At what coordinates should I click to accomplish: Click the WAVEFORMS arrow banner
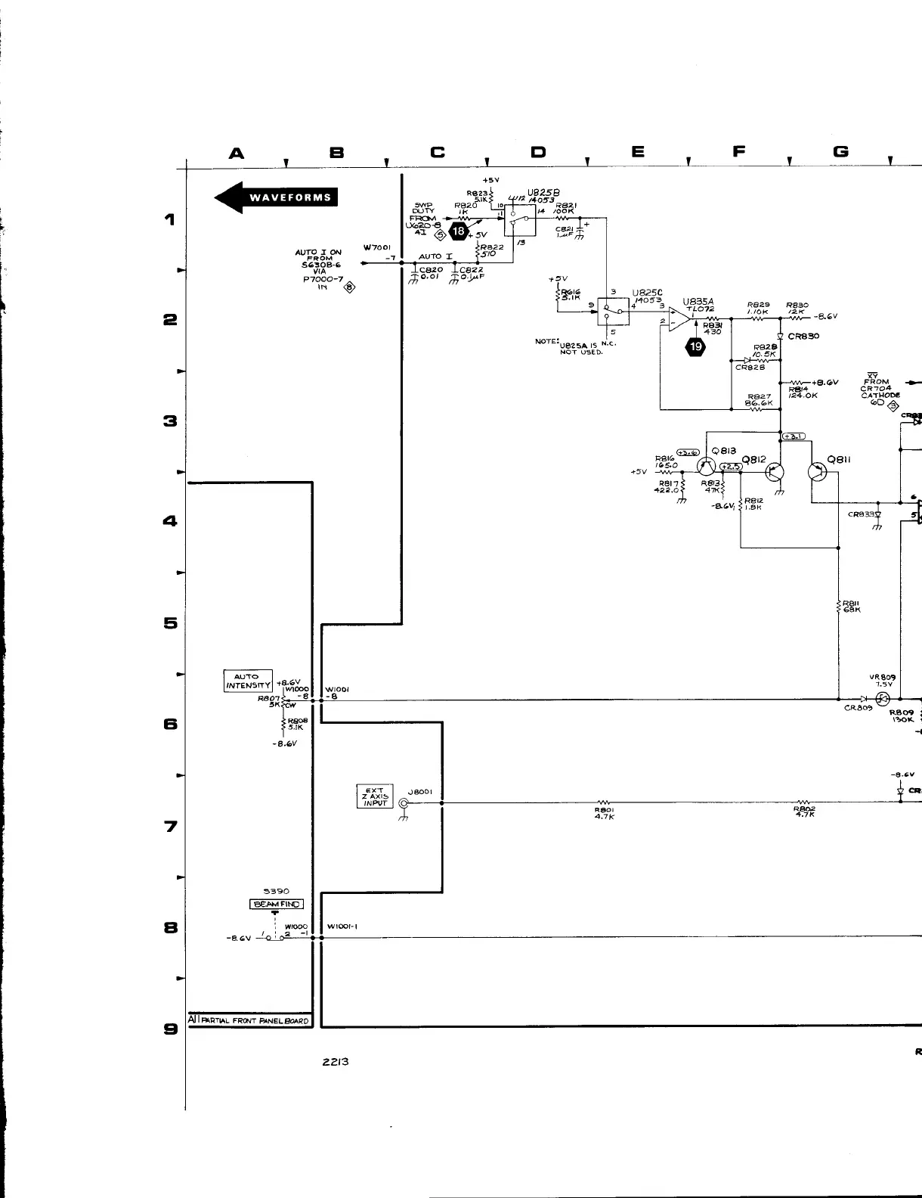[x=277, y=197]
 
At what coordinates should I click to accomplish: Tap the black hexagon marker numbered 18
[x=458, y=231]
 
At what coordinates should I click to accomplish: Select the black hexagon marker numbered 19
[x=695, y=347]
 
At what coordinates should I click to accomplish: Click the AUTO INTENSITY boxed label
[x=247, y=681]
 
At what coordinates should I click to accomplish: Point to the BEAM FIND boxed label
[x=276, y=904]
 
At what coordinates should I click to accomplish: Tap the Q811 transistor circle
[x=818, y=471]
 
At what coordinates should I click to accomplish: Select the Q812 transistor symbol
[x=774, y=472]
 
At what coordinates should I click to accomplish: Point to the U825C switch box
[x=613, y=309]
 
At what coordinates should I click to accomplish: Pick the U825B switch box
[x=520, y=219]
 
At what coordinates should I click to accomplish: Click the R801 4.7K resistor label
[x=603, y=813]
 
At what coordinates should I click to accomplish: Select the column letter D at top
[x=537, y=153]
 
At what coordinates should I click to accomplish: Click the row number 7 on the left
[x=171, y=826]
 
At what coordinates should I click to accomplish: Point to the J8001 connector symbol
[x=404, y=804]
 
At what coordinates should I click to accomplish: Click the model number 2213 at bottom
[x=336, y=1061]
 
